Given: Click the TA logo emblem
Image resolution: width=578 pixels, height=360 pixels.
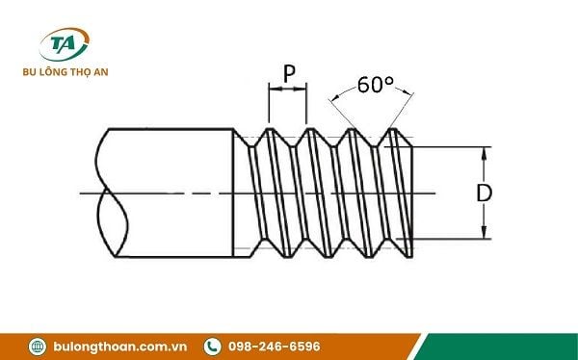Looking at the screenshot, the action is [x=65, y=44].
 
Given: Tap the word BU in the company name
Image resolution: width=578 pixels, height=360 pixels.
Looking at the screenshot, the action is [x=29, y=72].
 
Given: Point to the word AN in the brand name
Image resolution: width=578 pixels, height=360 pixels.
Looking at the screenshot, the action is [x=100, y=72].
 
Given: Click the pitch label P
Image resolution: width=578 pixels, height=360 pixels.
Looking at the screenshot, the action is [x=289, y=74].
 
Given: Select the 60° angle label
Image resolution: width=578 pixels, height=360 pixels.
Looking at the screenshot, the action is [x=376, y=85].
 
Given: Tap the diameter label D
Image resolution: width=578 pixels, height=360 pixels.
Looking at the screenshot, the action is [x=484, y=193].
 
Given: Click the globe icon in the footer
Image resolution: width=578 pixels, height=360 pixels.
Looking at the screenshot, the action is [x=38, y=347].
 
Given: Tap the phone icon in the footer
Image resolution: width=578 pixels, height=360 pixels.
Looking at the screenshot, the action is [x=213, y=347].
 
